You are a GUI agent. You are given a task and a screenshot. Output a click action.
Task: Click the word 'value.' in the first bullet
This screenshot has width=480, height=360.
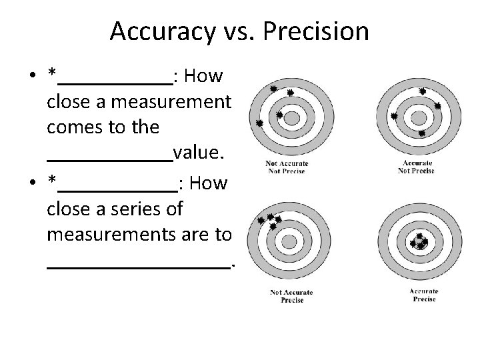tap(198, 154)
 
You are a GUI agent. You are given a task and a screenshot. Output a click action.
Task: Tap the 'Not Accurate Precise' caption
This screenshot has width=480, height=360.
tap(291, 296)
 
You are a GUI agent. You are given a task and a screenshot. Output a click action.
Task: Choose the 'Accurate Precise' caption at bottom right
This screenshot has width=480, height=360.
tap(423, 295)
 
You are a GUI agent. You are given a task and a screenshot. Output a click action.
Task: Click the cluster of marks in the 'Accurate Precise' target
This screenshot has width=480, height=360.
tap(419, 241)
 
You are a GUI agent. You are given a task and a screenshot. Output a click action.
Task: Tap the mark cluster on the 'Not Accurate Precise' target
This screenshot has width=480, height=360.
tap(270, 221)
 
